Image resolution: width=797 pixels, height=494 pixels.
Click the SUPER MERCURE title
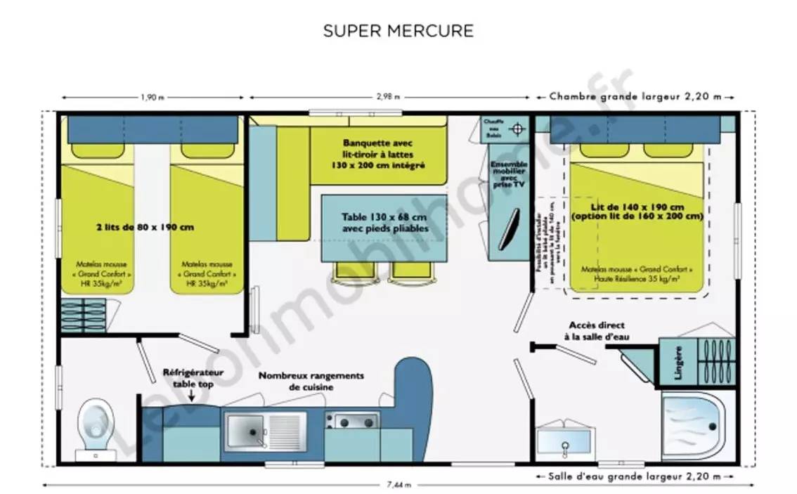[398, 32]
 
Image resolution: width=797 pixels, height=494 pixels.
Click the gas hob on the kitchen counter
[351, 421]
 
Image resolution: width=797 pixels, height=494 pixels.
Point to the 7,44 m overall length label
[398, 485]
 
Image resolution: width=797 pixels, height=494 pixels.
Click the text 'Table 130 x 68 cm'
[384, 216]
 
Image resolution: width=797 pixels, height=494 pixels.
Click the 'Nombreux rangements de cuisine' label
[311, 381]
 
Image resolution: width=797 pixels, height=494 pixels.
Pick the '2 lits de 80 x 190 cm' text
[145, 227]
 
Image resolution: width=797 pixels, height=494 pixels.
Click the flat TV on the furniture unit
[508, 228]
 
